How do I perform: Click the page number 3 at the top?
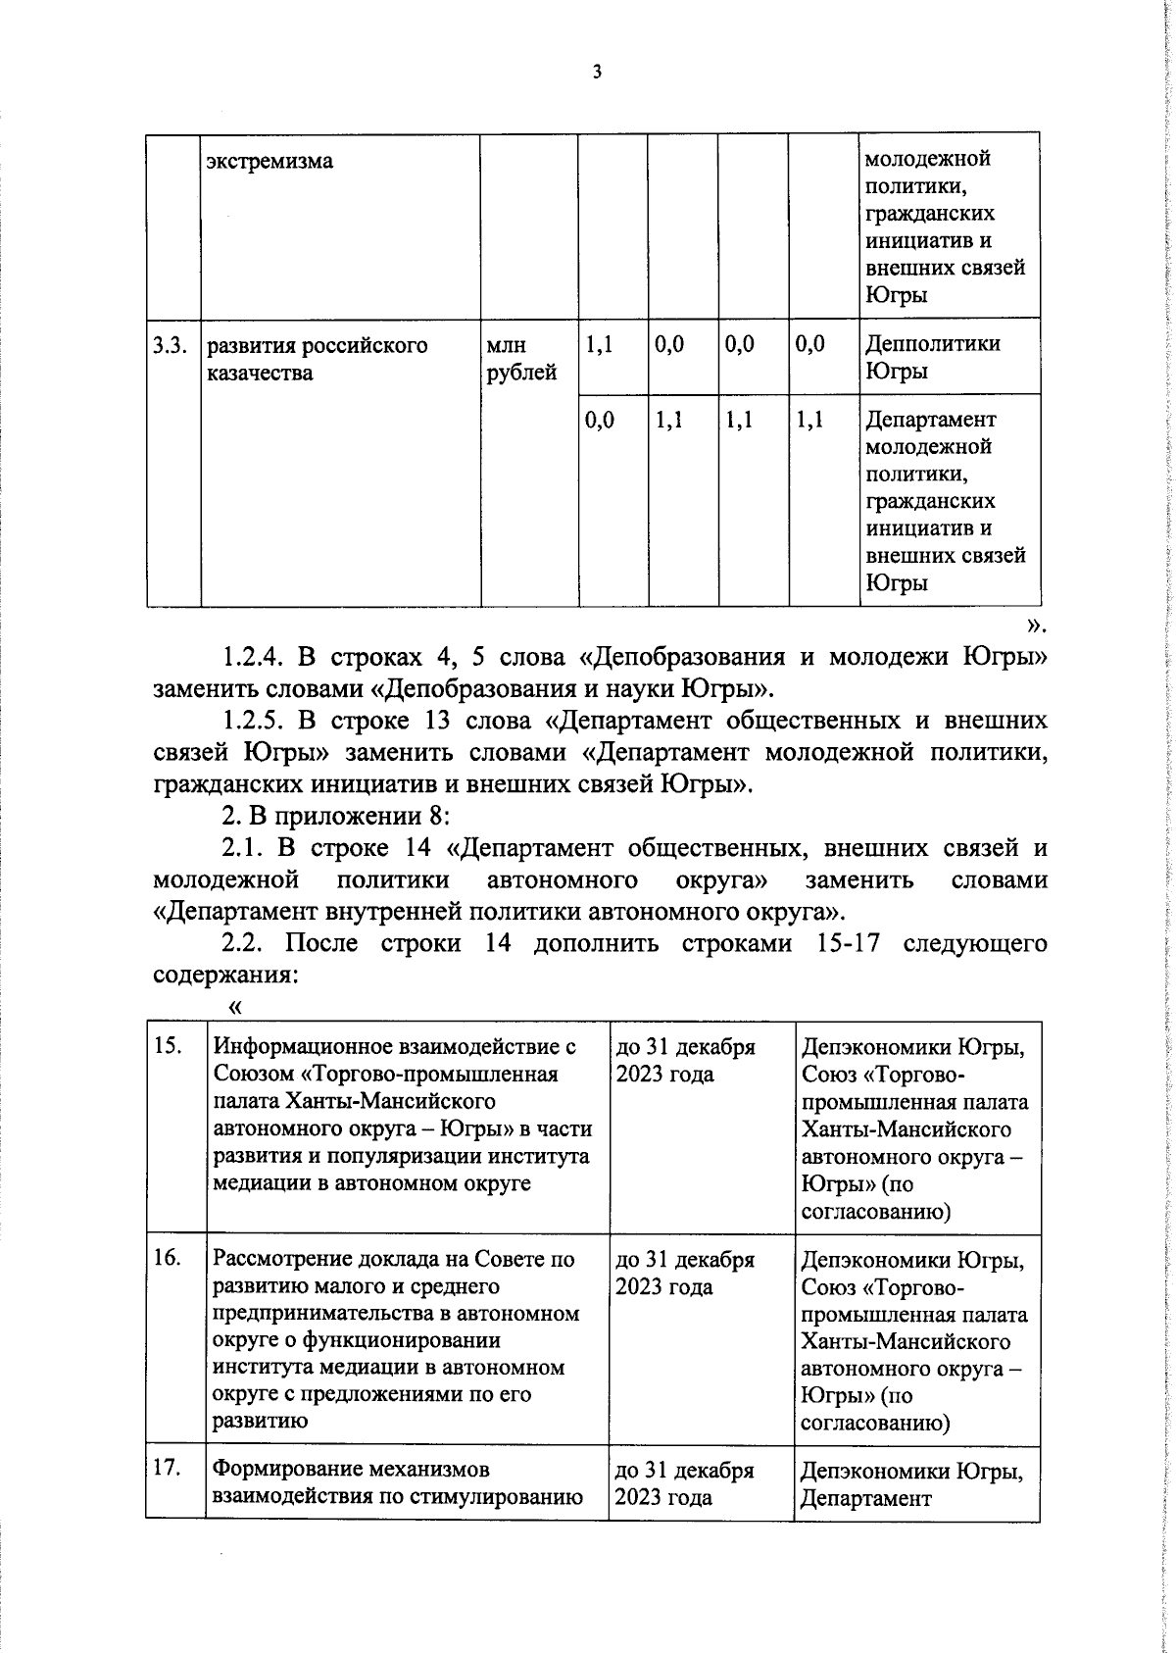(597, 72)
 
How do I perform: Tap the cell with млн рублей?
(520, 359)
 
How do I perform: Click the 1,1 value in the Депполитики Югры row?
(599, 344)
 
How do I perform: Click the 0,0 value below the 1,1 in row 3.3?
(599, 420)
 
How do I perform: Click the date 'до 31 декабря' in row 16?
(684, 1259)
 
